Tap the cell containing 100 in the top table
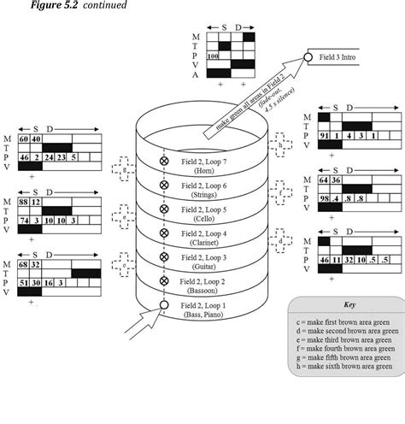[214, 56]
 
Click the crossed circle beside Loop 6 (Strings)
[164, 185]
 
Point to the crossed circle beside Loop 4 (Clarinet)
[164, 233]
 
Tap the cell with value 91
[324, 135]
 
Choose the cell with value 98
[324, 198]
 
